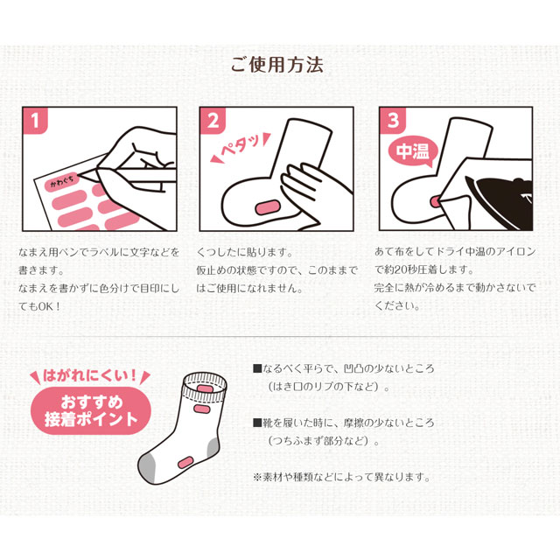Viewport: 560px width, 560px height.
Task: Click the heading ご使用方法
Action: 276,65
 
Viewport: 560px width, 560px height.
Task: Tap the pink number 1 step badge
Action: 35,121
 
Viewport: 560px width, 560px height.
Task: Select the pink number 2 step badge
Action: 213,121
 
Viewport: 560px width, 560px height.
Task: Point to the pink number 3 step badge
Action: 393,121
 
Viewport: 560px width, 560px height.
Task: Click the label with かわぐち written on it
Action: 62,182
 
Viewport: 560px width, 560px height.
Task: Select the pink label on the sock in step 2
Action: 268,207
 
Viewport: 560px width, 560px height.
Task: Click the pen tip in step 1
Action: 81,174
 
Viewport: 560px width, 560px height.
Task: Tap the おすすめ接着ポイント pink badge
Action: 91,411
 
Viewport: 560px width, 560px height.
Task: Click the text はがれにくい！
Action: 90,376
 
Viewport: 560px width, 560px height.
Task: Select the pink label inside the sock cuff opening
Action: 203,388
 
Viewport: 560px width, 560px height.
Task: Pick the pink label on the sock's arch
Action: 185,462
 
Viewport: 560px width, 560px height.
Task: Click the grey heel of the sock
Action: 213,447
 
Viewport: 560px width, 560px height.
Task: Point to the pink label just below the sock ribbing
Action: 202,409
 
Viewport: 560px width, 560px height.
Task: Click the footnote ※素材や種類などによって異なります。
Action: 342,477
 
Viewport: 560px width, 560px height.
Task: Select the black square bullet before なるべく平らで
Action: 257,368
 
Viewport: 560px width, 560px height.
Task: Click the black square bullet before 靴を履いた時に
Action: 257,423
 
